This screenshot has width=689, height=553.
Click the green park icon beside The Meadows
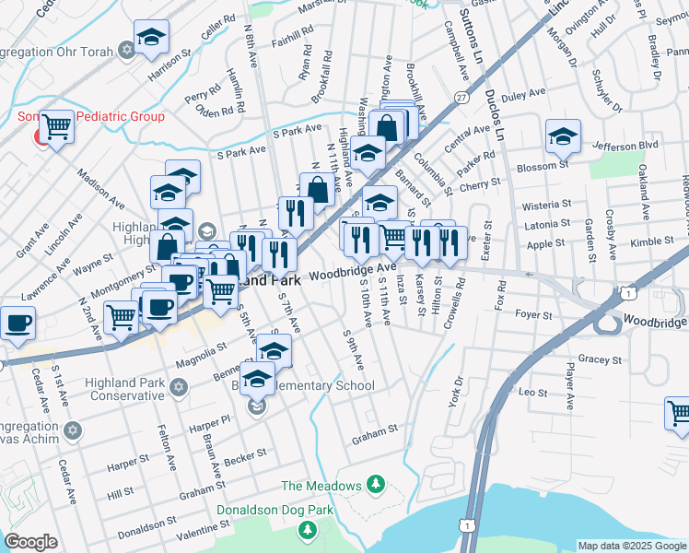click(375, 484)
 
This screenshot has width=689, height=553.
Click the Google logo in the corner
click(30, 542)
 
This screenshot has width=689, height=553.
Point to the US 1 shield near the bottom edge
click(469, 525)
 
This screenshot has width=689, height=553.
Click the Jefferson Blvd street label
click(626, 146)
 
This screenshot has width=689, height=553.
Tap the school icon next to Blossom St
click(563, 135)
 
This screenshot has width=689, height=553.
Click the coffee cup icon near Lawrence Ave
click(17, 322)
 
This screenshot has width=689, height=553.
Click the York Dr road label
click(453, 394)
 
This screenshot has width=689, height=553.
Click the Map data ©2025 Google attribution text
click(631, 546)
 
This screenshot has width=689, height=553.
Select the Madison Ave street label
click(100, 188)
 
